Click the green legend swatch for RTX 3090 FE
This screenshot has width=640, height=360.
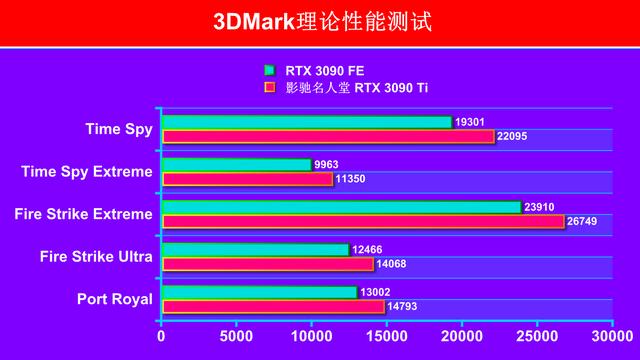269,71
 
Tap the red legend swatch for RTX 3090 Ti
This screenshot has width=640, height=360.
269,87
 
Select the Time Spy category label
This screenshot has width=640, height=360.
119,129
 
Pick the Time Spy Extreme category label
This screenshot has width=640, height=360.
87,171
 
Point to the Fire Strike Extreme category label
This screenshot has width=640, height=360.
84,214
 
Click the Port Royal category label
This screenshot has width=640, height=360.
115,299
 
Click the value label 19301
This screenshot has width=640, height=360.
470,122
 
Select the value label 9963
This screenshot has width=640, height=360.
327,164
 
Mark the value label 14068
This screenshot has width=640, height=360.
391,264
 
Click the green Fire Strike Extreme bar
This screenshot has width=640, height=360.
340,207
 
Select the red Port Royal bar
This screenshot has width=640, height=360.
272,307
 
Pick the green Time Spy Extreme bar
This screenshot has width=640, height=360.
235,164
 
